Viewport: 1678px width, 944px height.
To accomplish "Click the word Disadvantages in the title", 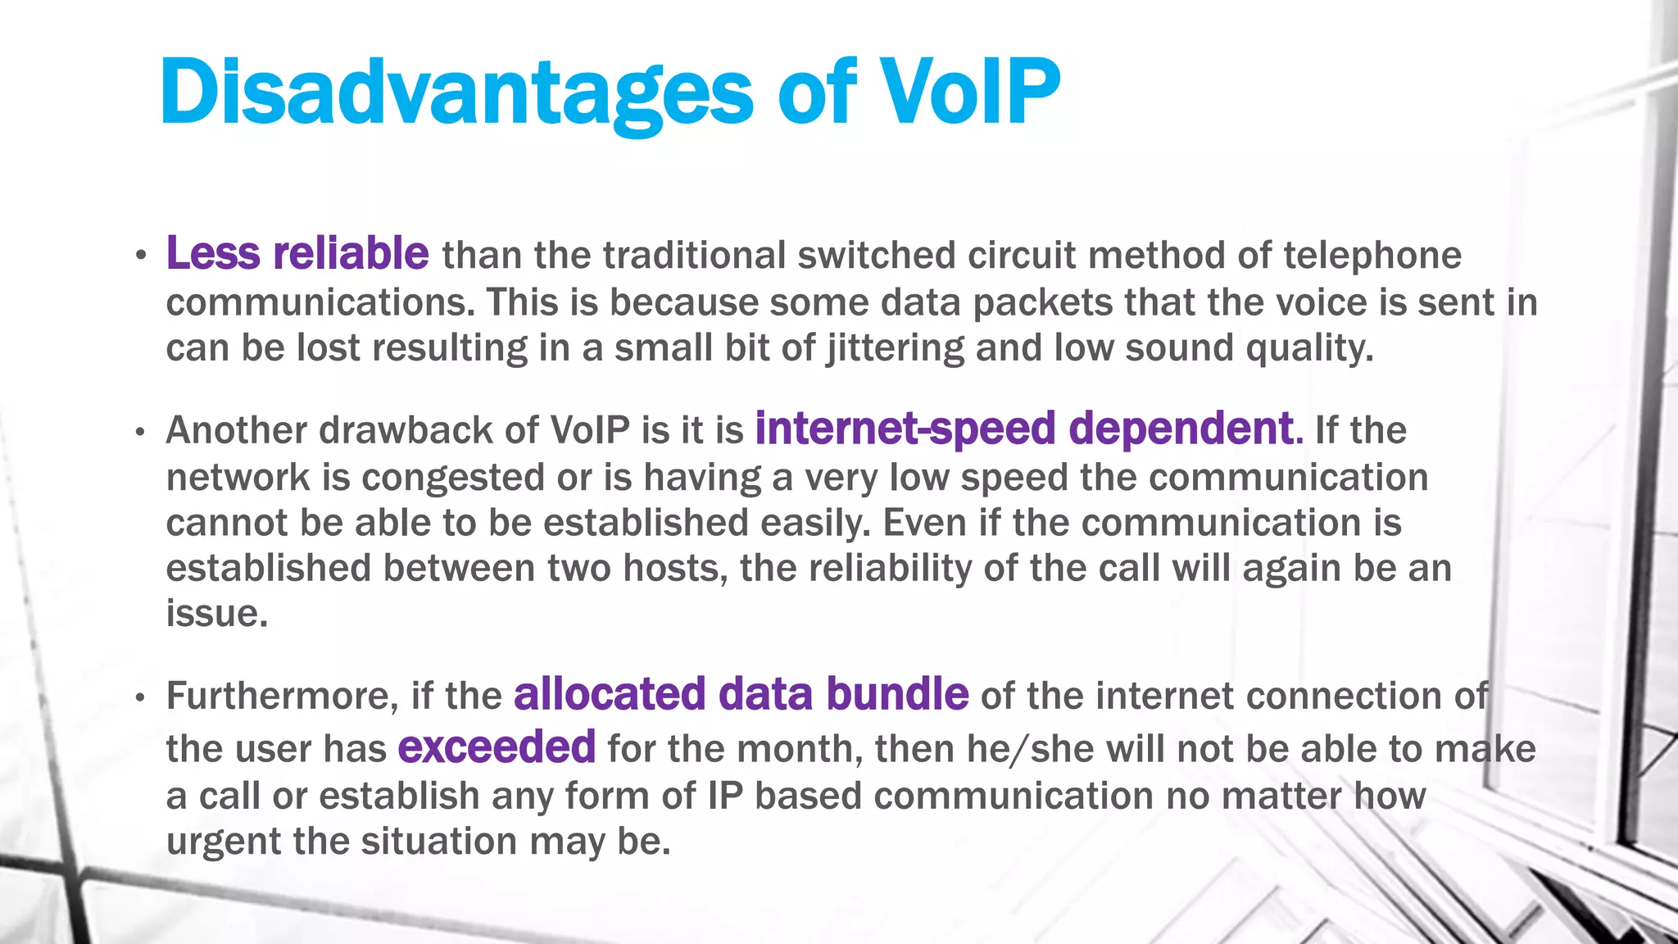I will [x=456, y=92].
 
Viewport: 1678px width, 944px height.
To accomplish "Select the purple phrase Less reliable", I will [x=297, y=253].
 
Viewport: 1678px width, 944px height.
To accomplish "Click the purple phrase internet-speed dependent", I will [x=1027, y=429].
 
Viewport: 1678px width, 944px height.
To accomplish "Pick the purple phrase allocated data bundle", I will [x=741, y=694].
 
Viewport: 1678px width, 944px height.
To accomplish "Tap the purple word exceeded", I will [x=497, y=747].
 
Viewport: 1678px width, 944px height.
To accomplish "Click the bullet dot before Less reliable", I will [x=141, y=256].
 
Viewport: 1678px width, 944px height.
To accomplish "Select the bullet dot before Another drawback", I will [x=141, y=432].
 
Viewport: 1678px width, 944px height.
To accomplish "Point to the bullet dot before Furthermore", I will [x=141, y=697].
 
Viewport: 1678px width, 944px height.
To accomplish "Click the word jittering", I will [x=895, y=348].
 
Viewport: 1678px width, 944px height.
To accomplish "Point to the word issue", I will [x=216, y=613].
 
